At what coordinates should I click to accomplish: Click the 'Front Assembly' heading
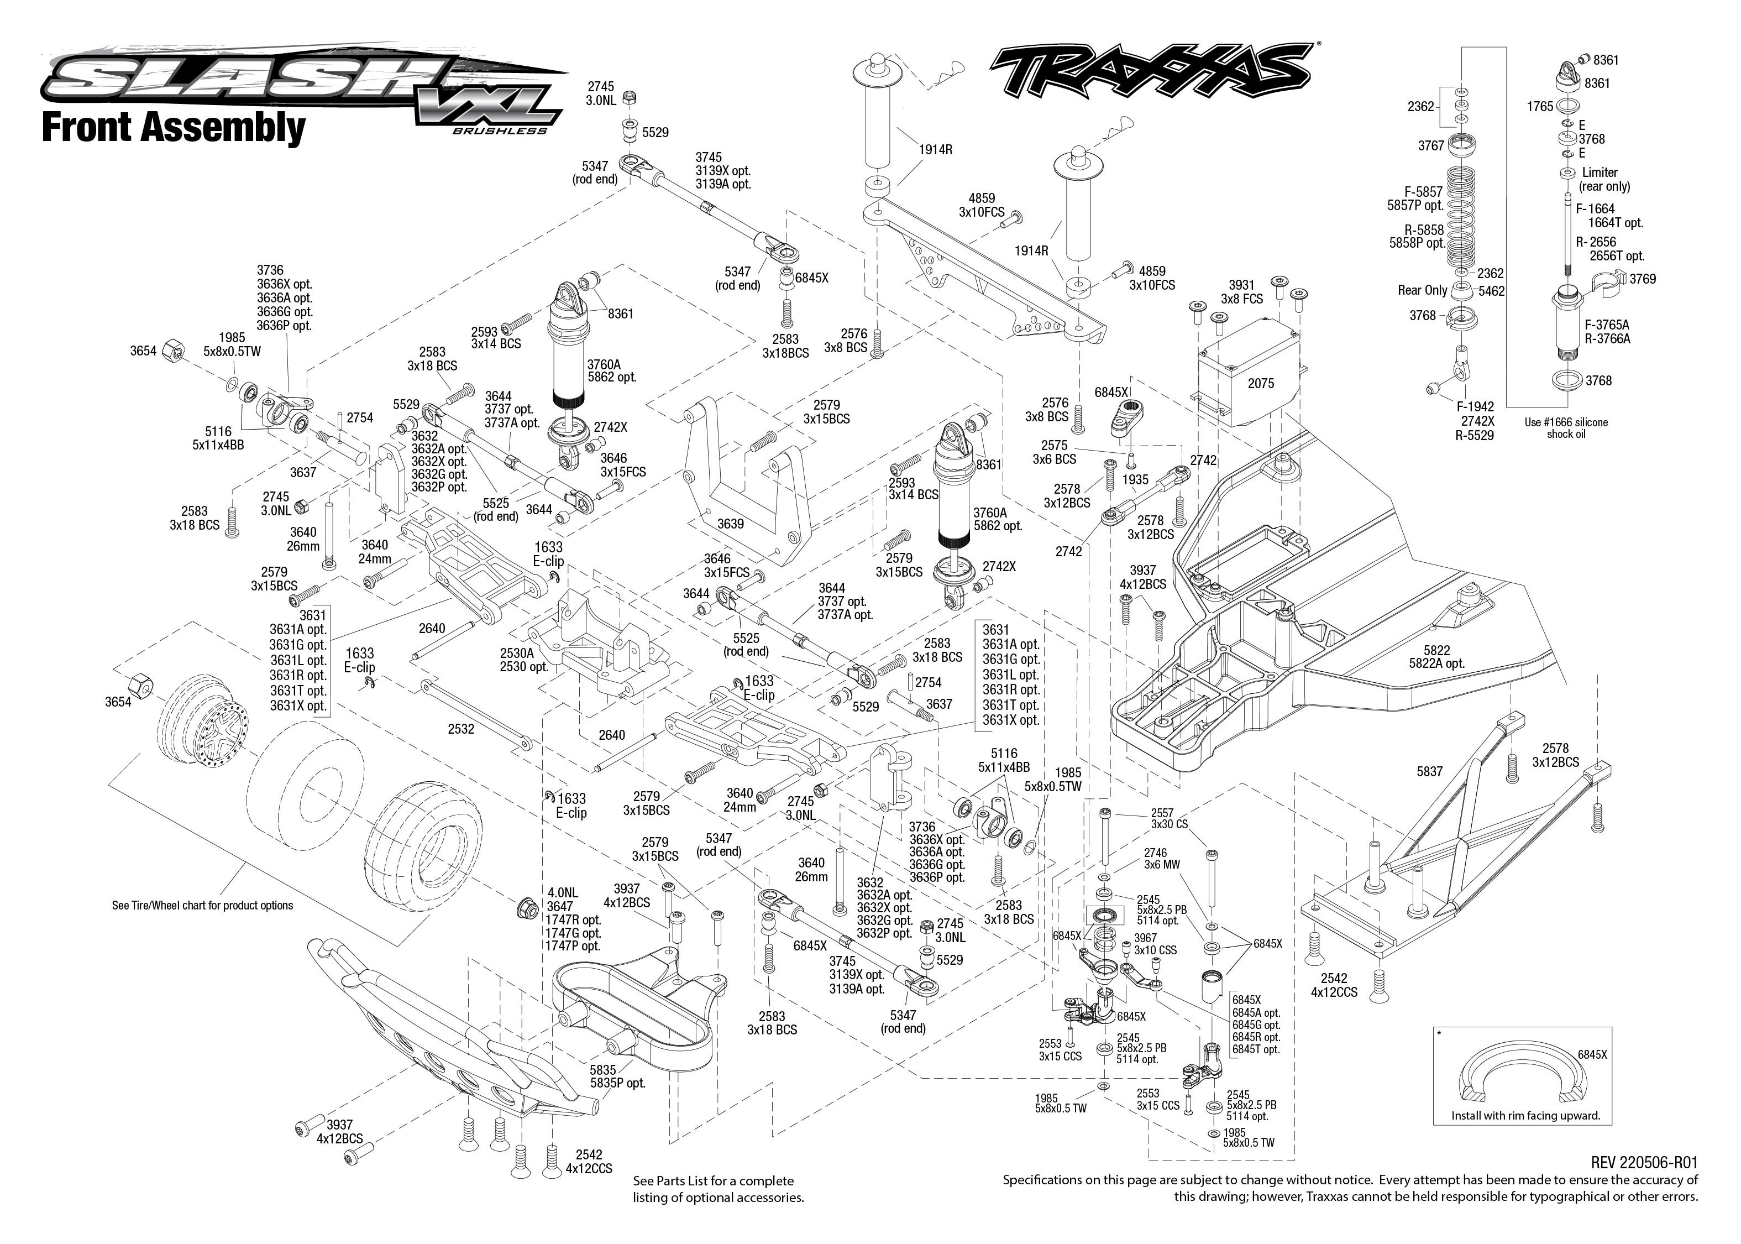(173, 127)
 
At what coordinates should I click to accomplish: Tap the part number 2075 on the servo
(1260, 383)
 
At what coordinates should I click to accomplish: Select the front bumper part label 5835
(602, 1070)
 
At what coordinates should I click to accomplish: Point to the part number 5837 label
(1429, 771)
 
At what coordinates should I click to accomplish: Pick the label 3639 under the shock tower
(731, 524)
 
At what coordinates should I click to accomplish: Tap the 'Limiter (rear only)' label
(1604, 179)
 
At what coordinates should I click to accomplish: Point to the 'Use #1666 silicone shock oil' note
(1566, 428)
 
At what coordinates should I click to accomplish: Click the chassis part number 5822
(1436, 650)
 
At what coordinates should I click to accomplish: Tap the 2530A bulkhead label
(517, 654)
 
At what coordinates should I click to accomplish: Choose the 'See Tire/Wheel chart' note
(202, 906)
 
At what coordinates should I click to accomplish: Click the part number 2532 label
(461, 729)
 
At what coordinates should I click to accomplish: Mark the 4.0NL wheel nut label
(562, 892)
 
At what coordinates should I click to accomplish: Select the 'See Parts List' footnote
(717, 1189)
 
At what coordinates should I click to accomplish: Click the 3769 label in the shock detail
(1642, 279)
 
